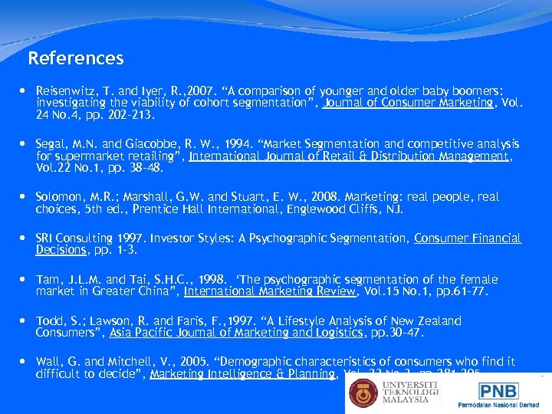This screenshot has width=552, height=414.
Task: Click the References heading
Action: point(75,58)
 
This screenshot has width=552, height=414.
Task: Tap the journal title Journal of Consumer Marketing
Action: point(408,103)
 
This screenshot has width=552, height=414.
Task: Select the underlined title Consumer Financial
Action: point(468,238)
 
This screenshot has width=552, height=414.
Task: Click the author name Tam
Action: point(47,280)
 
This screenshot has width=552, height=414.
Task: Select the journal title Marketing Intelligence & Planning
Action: point(243,374)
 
